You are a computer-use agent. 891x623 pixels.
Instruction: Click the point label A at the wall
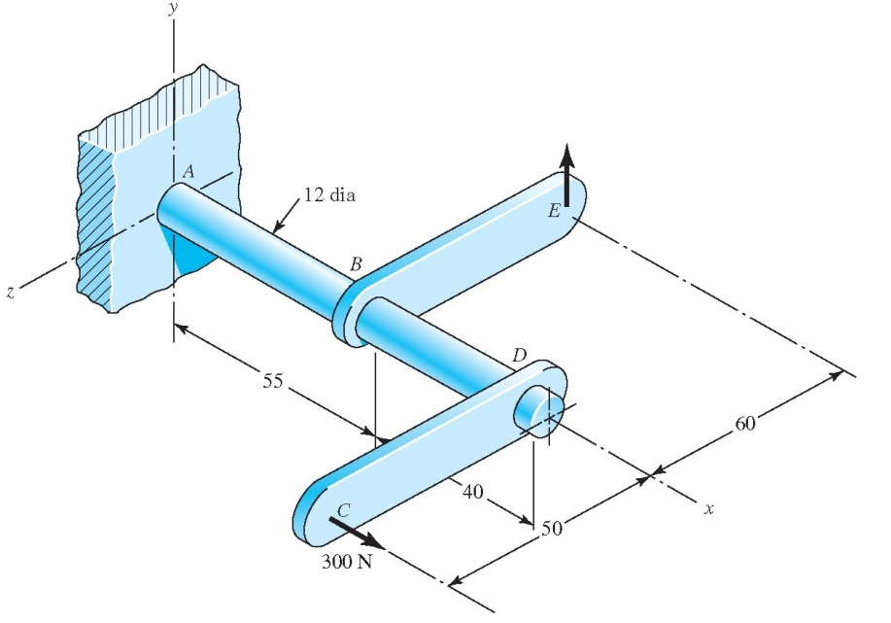pyautogui.click(x=188, y=171)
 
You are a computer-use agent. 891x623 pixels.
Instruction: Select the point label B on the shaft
pyautogui.click(x=356, y=263)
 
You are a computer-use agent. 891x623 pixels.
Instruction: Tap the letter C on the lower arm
pyautogui.click(x=343, y=509)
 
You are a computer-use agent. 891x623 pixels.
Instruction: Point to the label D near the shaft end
pyautogui.click(x=519, y=357)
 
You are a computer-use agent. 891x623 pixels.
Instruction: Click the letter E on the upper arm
pyautogui.click(x=554, y=212)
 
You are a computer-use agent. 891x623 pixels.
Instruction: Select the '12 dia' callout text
pyautogui.click(x=327, y=195)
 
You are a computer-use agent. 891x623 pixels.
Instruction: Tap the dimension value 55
pyautogui.click(x=273, y=381)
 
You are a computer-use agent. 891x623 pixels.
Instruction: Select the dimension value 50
pyautogui.click(x=551, y=528)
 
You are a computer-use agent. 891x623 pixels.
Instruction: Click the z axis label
pyautogui.click(x=11, y=294)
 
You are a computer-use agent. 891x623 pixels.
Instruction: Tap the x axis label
pyautogui.click(x=709, y=508)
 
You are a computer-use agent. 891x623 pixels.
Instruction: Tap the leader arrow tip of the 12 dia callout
pyautogui.click(x=275, y=232)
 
